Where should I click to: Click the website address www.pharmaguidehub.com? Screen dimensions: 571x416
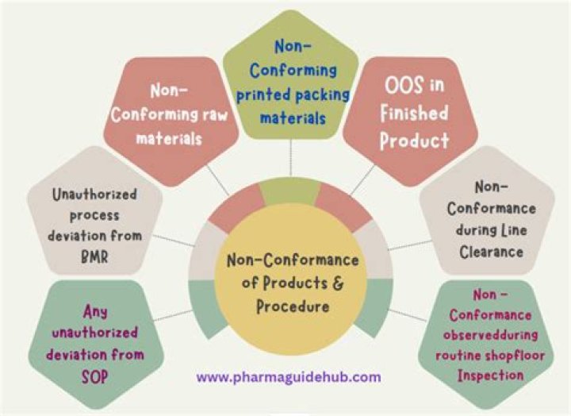click(x=289, y=377)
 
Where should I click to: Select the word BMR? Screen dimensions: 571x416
click(x=94, y=257)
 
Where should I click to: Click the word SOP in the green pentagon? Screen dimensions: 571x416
click(x=95, y=377)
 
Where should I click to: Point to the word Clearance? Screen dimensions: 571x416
click(x=491, y=252)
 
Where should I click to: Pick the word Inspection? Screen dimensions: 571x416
click(x=491, y=376)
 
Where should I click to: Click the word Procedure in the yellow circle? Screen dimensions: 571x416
click(x=293, y=306)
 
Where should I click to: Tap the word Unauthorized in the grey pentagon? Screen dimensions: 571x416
click(x=94, y=195)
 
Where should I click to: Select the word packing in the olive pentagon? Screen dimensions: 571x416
click(x=322, y=95)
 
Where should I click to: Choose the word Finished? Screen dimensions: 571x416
click(x=414, y=113)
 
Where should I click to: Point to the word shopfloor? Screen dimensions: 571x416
click(x=516, y=355)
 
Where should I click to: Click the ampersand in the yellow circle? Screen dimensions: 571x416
click(x=338, y=283)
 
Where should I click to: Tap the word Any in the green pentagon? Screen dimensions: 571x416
click(x=95, y=313)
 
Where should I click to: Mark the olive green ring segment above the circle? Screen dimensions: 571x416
click(x=290, y=191)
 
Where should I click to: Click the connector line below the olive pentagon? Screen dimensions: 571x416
click(x=290, y=158)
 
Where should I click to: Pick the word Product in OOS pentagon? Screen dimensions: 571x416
click(x=414, y=141)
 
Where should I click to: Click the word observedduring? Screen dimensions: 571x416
click(x=491, y=335)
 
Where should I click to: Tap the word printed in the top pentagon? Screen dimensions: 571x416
click(x=263, y=95)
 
